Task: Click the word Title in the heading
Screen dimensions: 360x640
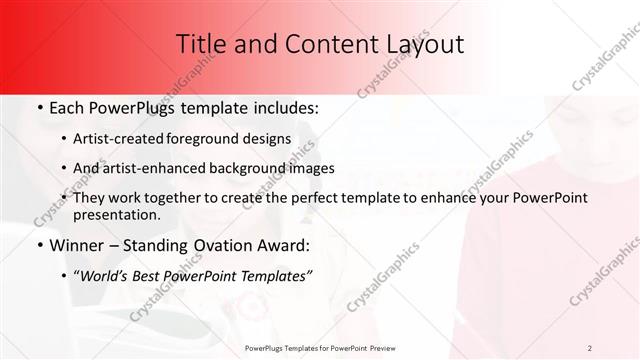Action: (x=199, y=44)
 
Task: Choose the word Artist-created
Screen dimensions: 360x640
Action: (x=130, y=139)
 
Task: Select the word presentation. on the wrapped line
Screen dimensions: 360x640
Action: (x=116, y=215)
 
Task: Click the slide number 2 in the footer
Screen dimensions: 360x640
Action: (x=590, y=348)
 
